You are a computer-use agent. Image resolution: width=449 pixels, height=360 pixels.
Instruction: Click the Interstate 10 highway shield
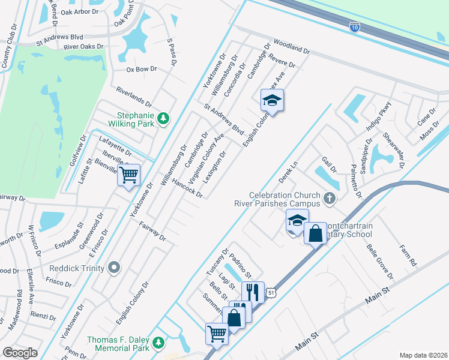[x=355, y=26]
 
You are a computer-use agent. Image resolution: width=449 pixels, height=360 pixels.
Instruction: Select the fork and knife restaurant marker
[x=253, y=292]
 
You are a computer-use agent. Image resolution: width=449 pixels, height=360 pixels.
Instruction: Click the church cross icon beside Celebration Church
[x=328, y=197]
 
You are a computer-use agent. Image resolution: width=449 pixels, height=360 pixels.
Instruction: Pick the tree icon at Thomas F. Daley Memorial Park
[x=158, y=342]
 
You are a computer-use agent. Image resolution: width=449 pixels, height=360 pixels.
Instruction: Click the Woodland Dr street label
[x=291, y=47]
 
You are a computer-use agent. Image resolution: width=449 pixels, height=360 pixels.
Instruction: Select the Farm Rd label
[x=408, y=255]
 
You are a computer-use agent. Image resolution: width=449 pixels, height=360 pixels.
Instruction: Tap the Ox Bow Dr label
[x=141, y=70]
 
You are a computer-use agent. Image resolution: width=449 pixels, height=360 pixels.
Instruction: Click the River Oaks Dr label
[x=83, y=46]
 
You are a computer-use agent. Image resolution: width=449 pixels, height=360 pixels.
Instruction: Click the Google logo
[x=20, y=353]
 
